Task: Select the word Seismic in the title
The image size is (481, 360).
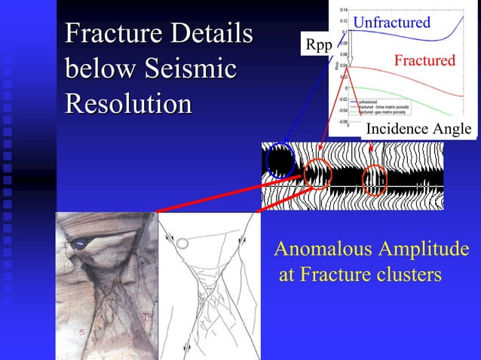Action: click(189, 69)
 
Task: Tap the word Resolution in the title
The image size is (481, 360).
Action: click(127, 102)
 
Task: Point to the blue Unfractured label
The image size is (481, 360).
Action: click(391, 23)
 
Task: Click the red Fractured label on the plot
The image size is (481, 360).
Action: click(424, 60)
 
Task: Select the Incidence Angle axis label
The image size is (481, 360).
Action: click(418, 130)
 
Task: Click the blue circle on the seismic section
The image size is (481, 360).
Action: click(280, 159)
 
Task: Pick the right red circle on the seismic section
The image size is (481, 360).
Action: click(375, 180)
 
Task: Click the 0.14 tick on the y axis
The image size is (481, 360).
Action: click(343, 9)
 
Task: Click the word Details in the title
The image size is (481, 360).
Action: click(210, 35)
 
